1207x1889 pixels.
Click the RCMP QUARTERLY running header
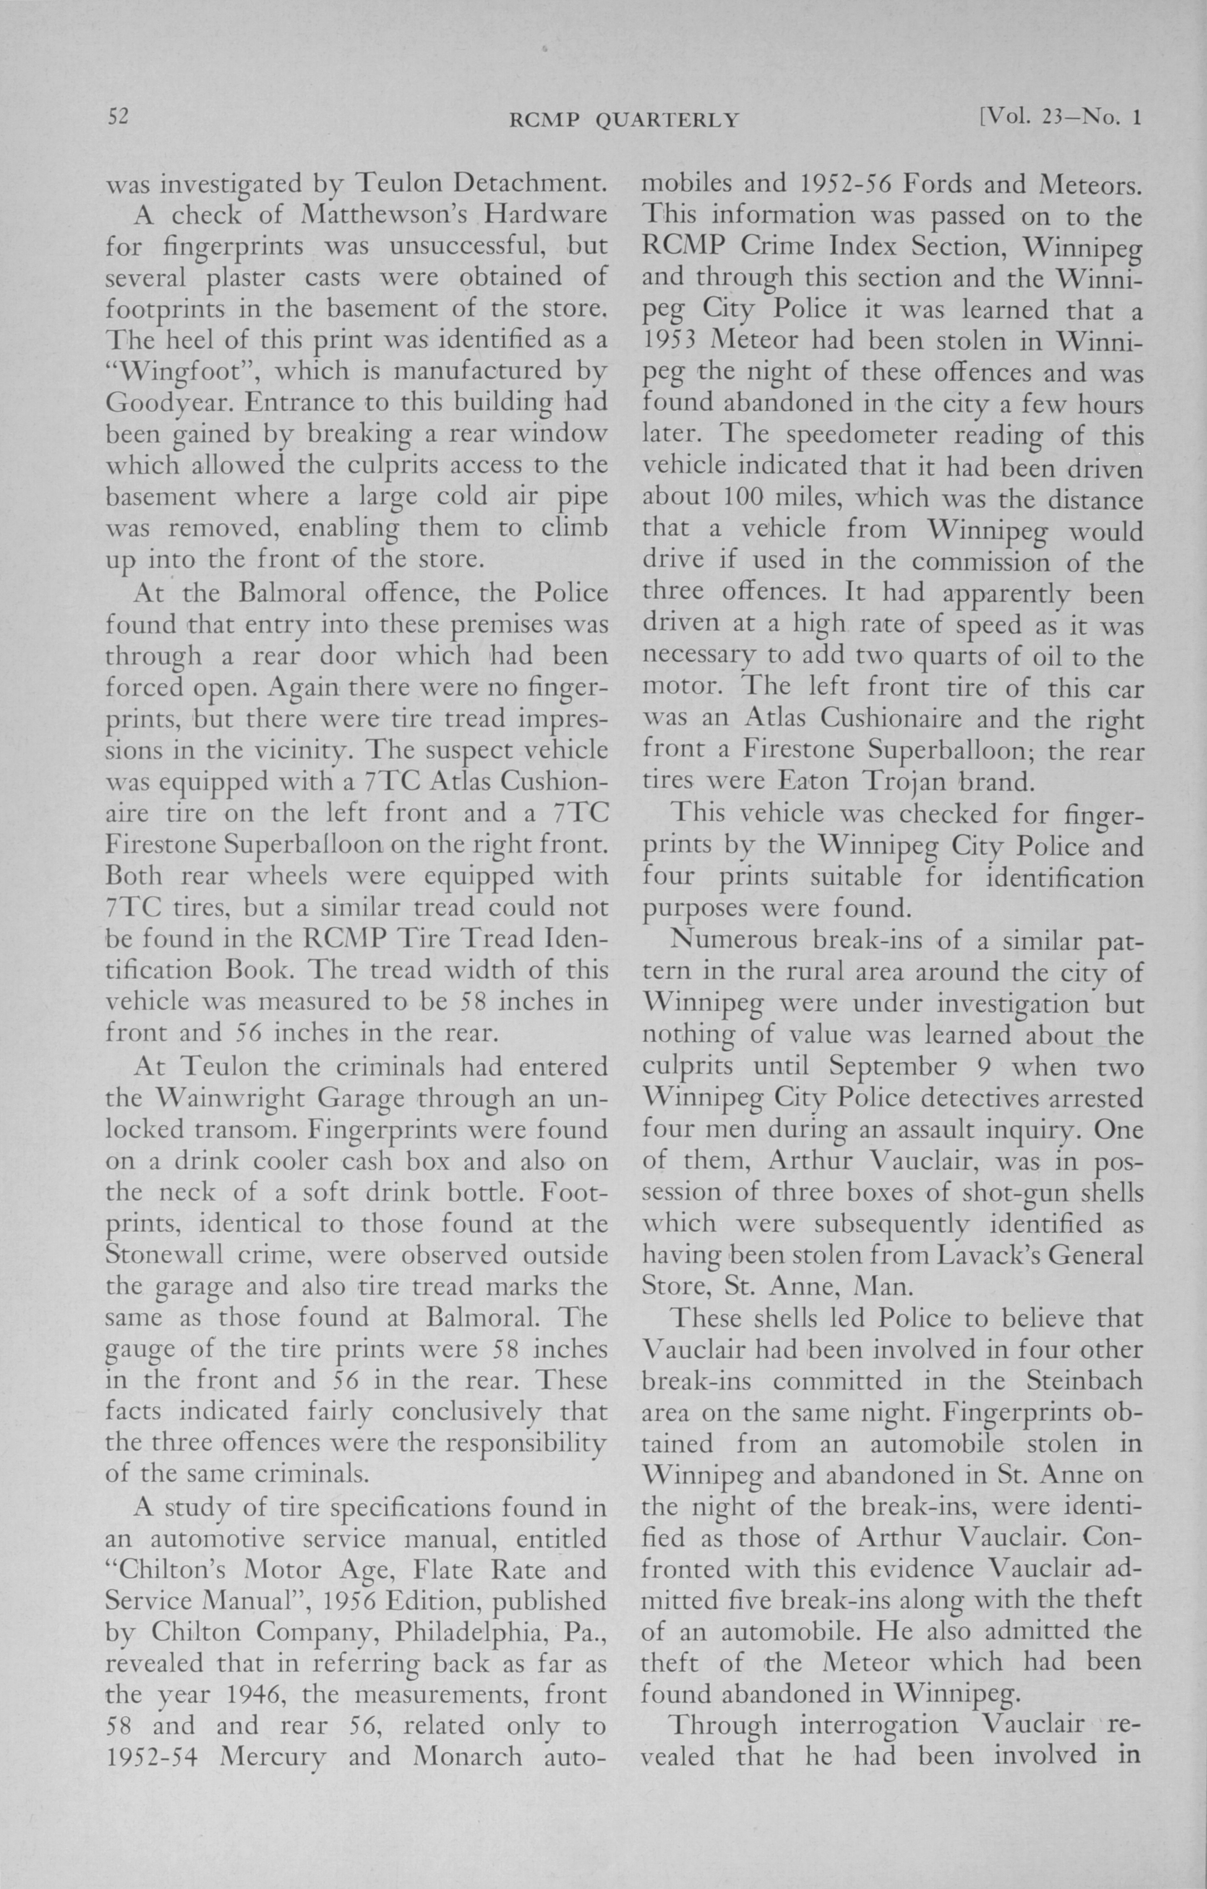[x=624, y=119]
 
